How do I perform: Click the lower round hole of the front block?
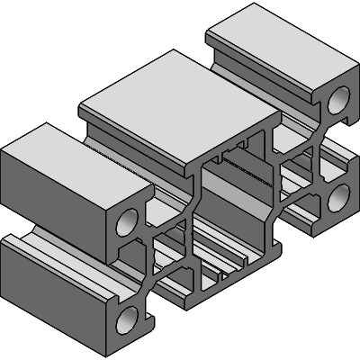[x=127, y=317]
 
